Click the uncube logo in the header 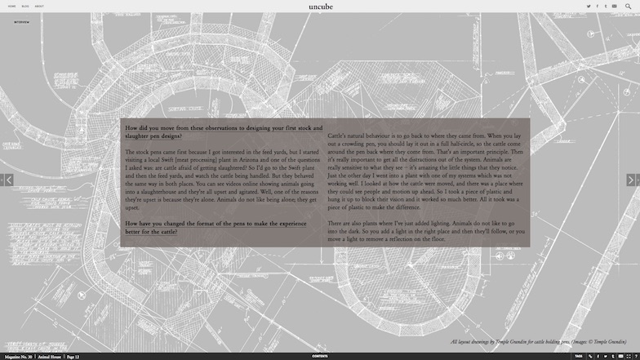[x=321, y=7]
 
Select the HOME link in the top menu [x=11, y=7]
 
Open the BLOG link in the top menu [x=25, y=7]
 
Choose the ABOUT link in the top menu [x=39, y=7]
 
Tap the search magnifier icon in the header [x=628, y=7]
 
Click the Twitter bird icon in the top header [x=589, y=7]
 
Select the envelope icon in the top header [x=614, y=7]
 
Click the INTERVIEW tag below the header [x=22, y=22]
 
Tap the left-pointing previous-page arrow [x=8, y=180]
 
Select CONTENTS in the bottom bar [x=320, y=356]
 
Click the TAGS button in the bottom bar [x=578, y=356]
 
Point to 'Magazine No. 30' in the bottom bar [x=18, y=356]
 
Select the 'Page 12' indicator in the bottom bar [x=73, y=356]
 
